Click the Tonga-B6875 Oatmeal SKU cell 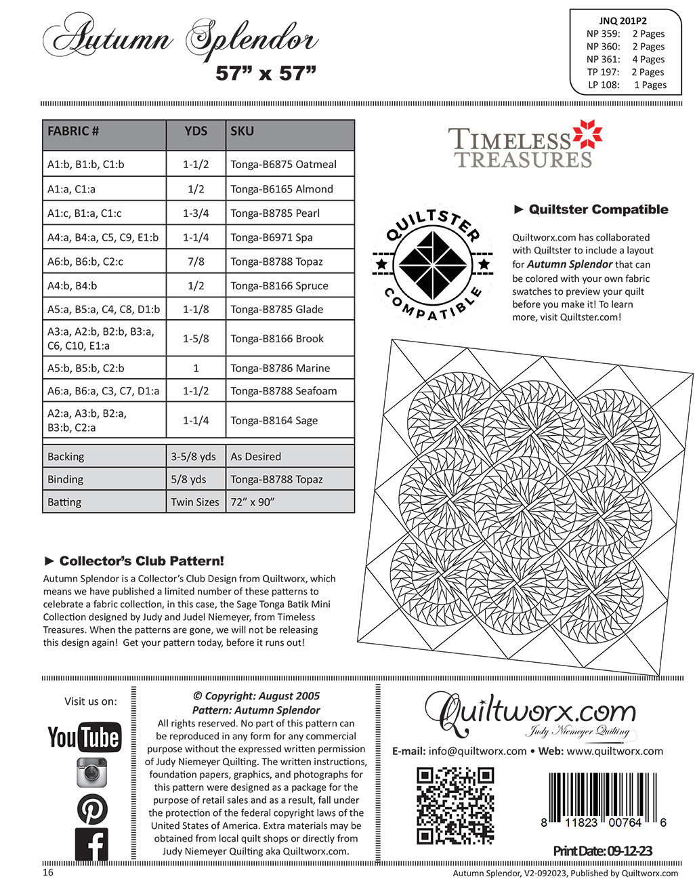[x=283, y=164]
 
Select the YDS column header [x=196, y=131]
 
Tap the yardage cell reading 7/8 [x=196, y=262]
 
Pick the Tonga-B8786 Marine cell [x=280, y=368]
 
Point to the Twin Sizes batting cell [x=195, y=502]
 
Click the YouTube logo [x=84, y=737]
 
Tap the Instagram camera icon [x=91, y=772]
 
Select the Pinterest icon [x=91, y=808]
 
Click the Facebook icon [x=91, y=844]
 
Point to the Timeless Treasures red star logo [x=587, y=136]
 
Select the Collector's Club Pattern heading [x=134, y=561]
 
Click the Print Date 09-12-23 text [x=602, y=851]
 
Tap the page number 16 [x=48, y=872]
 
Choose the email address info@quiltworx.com [x=478, y=751]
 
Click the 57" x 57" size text [x=266, y=73]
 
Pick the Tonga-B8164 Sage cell [x=274, y=420]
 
